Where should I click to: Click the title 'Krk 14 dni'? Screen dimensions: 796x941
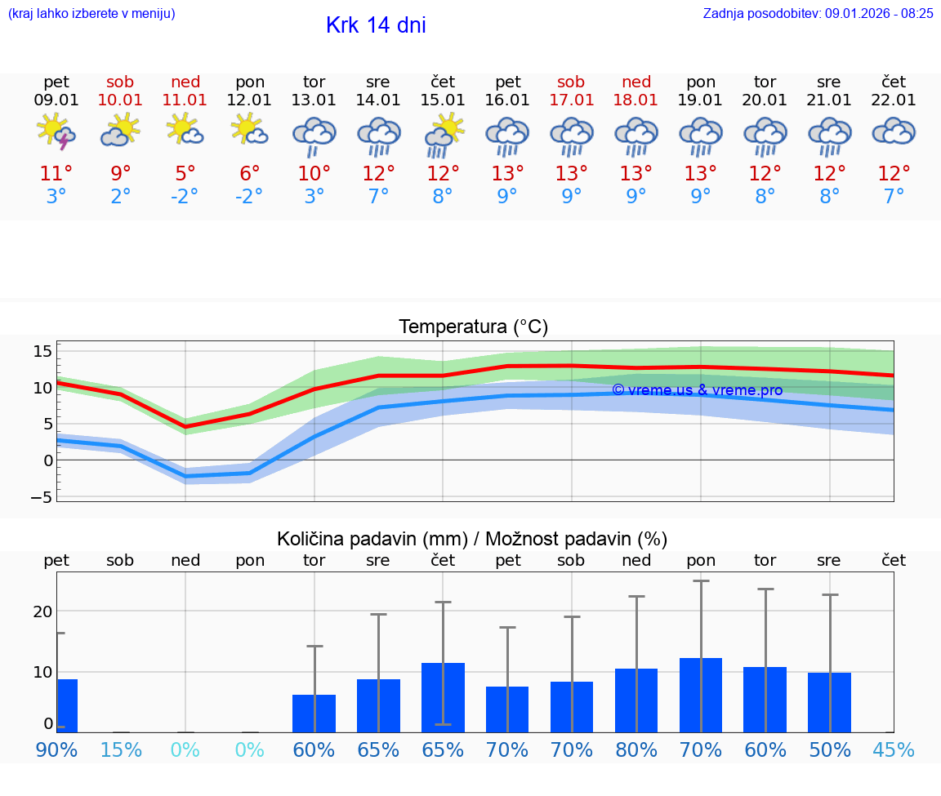(376, 25)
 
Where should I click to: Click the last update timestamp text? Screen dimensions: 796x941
(818, 13)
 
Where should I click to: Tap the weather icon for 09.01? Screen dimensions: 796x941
(56, 132)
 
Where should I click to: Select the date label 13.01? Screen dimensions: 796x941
(314, 100)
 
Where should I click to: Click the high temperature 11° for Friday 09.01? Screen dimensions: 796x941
(56, 173)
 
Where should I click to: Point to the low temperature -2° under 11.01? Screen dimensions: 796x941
(185, 196)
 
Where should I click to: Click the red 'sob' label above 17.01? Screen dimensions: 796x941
(571, 82)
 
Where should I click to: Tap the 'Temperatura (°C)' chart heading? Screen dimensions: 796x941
(473, 327)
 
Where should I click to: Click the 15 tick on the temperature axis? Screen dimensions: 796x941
(42, 351)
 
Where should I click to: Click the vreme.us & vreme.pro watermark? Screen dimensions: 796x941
(697, 390)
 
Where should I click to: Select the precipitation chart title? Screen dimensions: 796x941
(472, 539)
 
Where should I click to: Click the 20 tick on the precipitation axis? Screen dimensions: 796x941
(42, 611)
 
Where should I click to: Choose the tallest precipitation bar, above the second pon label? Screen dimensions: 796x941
(701, 695)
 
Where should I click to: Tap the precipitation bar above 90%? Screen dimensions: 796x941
(67, 705)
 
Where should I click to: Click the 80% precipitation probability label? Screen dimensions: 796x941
(636, 749)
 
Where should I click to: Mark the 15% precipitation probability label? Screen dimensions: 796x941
(121, 749)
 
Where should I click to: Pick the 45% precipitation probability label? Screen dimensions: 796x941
(894, 749)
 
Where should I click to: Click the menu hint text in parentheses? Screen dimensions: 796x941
(91, 13)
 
